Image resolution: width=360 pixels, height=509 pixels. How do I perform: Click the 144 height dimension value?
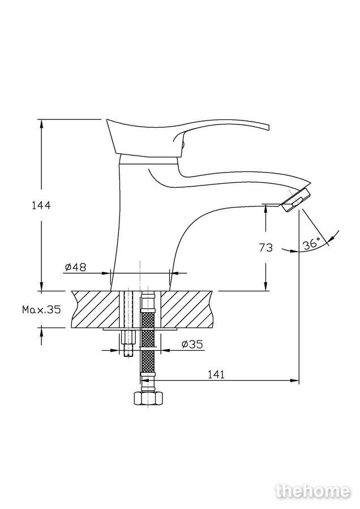click(41, 205)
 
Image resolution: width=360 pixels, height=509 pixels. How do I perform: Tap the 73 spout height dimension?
click(266, 248)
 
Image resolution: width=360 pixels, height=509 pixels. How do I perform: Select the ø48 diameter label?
click(76, 267)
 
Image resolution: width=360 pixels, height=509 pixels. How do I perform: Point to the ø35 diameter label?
click(192, 344)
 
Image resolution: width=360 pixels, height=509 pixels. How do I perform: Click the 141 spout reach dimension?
click(216, 374)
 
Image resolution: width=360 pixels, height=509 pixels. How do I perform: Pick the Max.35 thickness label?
click(41, 309)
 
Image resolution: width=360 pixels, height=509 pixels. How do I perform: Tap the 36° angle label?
click(311, 244)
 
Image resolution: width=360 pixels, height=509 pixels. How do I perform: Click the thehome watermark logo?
click(313, 490)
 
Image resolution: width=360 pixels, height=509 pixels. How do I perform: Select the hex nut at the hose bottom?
click(148, 398)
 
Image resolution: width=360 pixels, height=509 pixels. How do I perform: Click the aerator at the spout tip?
click(296, 200)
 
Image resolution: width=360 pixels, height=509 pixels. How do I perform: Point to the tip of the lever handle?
click(269, 127)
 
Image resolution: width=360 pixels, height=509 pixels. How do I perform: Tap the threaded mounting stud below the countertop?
click(129, 343)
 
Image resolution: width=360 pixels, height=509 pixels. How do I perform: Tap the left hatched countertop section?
click(96, 309)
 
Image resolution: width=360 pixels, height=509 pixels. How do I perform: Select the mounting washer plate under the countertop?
click(140, 329)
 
